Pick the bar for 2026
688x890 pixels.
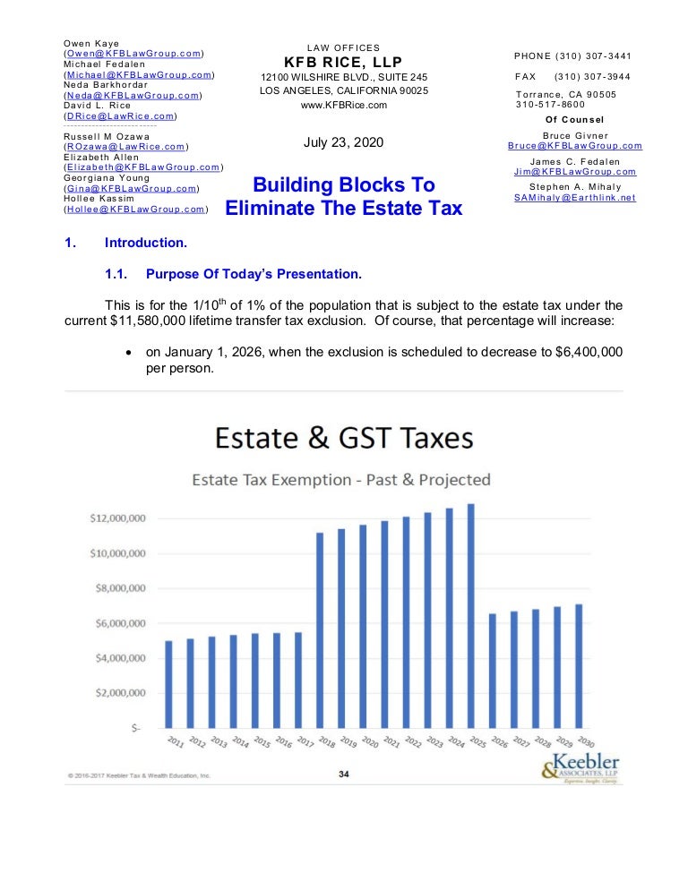pyautogui.click(x=493, y=671)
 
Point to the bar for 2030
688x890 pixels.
pyautogui.click(x=579, y=666)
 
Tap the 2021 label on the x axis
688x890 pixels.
pyautogui.click(x=391, y=742)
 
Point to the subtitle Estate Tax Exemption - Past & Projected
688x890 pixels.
pyautogui.click(x=341, y=480)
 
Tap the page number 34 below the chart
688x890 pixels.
pyautogui.click(x=344, y=775)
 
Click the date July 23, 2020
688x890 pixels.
pyautogui.click(x=344, y=141)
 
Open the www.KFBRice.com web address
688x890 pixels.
pyautogui.click(x=344, y=105)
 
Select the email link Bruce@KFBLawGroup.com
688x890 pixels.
pyautogui.click(x=574, y=146)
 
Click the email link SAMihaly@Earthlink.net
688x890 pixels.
pyautogui.click(x=574, y=198)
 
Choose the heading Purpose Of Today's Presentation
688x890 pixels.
pyautogui.click(x=254, y=273)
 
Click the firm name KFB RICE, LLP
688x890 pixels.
pyautogui.click(x=344, y=62)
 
